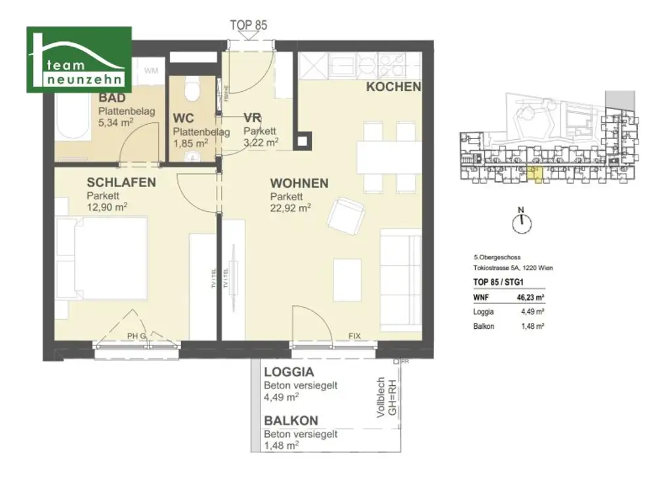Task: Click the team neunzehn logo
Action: pyautogui.click(x=79, y=60)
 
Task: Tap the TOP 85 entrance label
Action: pyautogui.click(x=248, y=25)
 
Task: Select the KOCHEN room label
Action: pyautogui.click(x=393, y=87)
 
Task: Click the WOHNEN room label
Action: pyautogui.click(x=300, y=184)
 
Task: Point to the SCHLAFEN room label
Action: pyautogui.click(x=121, y=182)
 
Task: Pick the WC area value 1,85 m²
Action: pyautogui.click(x=191, y=142)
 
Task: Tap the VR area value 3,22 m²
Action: pyautogui.click(x=261, y=141)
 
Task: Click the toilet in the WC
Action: pyautogui.click(x=192, y=89)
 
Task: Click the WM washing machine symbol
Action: pyautogui.click(x=151, y=70)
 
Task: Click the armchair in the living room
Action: pyautogui.click(x=345, y=215)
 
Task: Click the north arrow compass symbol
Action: pyautogui.click(x=522, y=222)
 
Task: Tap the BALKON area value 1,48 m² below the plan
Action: pyautogui.click(x=282, y=445)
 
